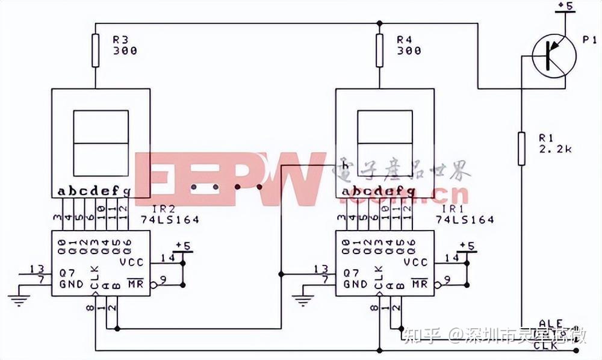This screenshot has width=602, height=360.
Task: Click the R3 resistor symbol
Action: tap(95, 51)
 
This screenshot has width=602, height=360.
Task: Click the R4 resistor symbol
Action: tap(379, 51)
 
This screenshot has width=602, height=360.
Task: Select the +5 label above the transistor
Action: tap(565, 6)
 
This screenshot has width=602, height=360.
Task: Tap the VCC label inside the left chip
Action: tap(131, 262)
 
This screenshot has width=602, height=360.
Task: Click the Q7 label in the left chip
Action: tap(67, 272)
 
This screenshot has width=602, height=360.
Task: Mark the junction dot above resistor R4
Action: tap(379, 23)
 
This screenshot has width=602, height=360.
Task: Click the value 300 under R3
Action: tap(125, 51)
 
